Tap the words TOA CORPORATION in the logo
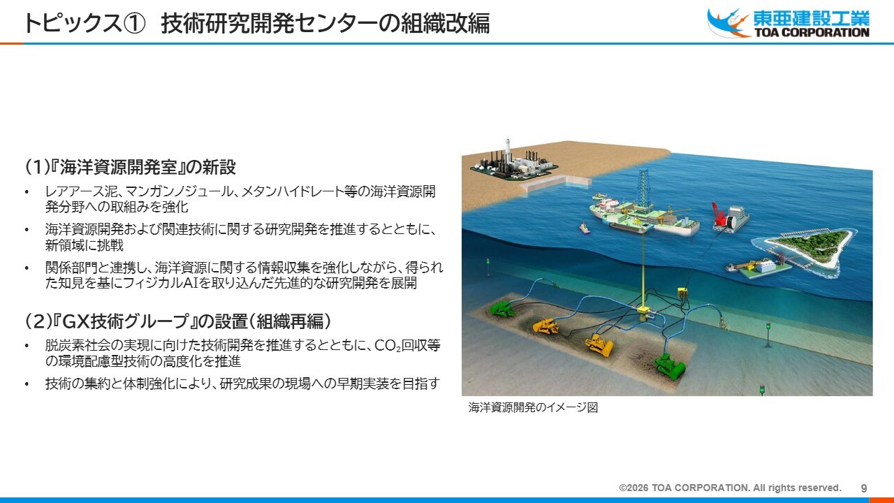[x=812, y=32]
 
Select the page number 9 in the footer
[x=864, y=488]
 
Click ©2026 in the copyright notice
[x=633, y=488]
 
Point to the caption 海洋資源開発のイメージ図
[x=533, y=407]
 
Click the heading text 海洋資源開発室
[x=118, y=167]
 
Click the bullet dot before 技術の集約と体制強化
[x=27, y=384]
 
